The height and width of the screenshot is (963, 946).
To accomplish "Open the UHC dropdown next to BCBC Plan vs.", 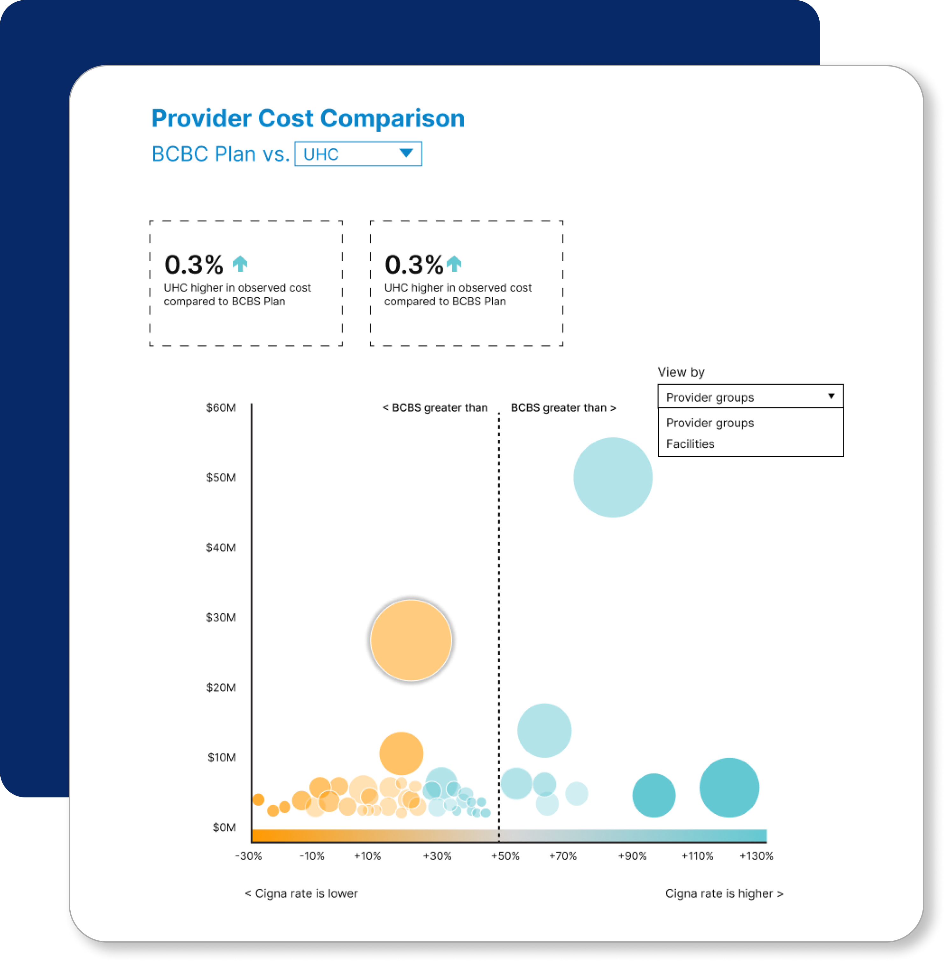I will click(x=358, y=154).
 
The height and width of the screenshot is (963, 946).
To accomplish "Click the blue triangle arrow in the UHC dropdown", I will click(x=406, y=153).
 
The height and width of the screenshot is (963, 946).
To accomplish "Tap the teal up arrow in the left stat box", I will click(x=240, y=264).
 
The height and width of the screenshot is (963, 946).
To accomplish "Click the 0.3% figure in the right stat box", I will click(x=413, y=265).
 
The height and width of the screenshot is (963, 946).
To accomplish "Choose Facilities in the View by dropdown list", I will click(x=690, y=444).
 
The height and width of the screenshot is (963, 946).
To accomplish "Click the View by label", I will click(x=681, y=372).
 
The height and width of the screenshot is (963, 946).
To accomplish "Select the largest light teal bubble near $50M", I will click(x=613, y=477).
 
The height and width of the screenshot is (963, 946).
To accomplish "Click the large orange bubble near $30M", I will click(x=411, y=640).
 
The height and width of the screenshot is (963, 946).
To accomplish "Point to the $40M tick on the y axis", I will click(x=221, y=548).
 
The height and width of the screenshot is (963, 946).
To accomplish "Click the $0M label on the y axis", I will click(x=224, y=827).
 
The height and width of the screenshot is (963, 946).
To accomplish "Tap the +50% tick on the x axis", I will click(x=505, y=856).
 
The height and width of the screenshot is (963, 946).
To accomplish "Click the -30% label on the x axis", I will click(x=248, y=856).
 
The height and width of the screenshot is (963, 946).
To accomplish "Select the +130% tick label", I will click(x=756, y=856).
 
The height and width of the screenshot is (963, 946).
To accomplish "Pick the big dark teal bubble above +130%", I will click(x=729, y=788).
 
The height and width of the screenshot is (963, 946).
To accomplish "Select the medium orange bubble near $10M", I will click(x=401, y=753).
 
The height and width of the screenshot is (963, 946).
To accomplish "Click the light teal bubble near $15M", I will click(x=544, y=730).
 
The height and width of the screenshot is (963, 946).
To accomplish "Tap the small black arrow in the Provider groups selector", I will click(x=831, y=396).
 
